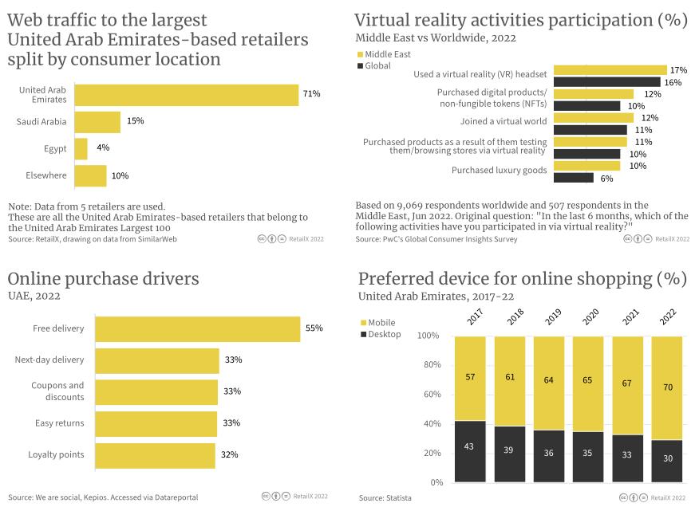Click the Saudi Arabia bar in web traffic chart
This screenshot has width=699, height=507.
point(97,122)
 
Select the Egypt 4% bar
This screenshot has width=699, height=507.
point(81,149)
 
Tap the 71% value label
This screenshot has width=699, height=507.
point(311,94)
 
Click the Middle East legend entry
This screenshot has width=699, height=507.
point(386,53)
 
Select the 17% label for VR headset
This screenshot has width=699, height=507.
point(678,70)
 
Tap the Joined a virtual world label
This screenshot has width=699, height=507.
point(503,121)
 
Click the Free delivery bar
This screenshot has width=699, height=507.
point(197,328)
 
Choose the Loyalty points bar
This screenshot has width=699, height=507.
point(155,455)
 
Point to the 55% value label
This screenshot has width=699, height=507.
point(314,328)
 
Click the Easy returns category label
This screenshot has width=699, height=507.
point(59,423)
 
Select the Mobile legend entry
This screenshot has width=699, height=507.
point(382,323)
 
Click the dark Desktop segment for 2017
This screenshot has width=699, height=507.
point(469,450)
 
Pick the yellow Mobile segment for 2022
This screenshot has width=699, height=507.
point(667,388)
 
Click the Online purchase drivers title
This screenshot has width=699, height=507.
point(103,278)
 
